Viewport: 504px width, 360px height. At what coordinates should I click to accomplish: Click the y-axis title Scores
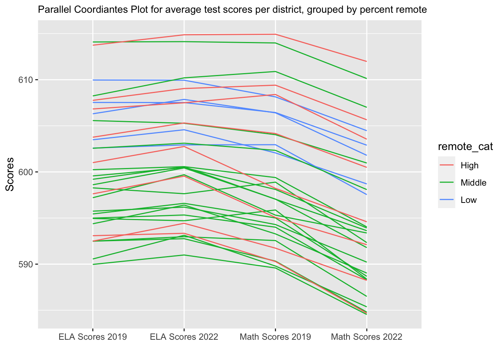10,174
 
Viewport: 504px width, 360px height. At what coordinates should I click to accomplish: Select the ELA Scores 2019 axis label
93,337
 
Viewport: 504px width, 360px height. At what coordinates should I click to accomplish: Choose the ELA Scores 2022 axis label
184,337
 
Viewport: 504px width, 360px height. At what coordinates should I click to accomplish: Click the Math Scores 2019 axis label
275,337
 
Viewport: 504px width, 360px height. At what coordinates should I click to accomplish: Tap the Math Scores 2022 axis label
366,337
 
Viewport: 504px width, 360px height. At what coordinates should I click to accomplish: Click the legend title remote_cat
465,147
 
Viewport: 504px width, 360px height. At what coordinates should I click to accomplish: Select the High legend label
469,165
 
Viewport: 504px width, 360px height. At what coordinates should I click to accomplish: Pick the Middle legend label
473,183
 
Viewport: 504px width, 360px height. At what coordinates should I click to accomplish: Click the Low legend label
468,200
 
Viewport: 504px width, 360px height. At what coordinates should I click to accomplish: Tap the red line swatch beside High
446,165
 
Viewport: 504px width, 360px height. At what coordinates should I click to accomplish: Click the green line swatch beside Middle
446,183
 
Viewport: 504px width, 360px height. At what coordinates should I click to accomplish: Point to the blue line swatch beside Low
446,200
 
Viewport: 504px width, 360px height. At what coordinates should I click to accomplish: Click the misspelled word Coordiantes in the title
99,10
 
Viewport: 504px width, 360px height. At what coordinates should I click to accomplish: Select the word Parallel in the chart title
52,10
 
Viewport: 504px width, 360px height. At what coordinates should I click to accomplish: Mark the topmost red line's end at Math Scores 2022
366,61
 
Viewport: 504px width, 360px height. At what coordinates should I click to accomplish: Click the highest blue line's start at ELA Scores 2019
93,80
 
